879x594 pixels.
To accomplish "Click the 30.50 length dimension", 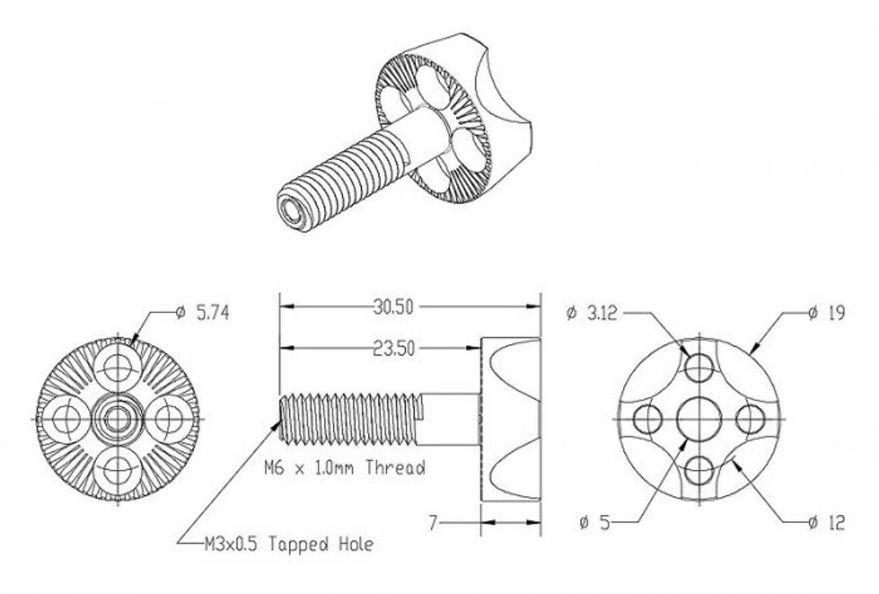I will pyautogui.click(x=393, y=307).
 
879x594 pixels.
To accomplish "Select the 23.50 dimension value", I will pyautogui.click(x=393, y=349).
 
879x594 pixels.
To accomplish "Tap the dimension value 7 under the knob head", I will pyautogui.click(x=433, y=523).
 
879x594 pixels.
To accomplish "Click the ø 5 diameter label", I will pyautogui.click(x=595, y=523).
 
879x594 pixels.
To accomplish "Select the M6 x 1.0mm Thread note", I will pyautogui.click(x=345, y=468).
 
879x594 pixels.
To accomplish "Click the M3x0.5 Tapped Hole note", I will pyautogui.click(x=289, y=545).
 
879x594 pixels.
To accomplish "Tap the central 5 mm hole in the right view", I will pyautogui.click(x=699, y=418).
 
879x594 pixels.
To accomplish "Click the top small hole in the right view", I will pyautogui.click(x=699, y=368).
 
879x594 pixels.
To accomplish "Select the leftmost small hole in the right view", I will pyautogui.click(x=647, y=419).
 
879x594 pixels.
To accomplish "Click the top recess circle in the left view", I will pyautogui.click(x=117, y=367).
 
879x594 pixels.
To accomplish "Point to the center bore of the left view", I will pyautogui.click(x=117, y=418).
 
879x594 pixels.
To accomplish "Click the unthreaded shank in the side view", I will pyautogui.click(x=450, y=418).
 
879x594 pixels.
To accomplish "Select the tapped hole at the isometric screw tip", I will pyautogui.click(x=292, y=212).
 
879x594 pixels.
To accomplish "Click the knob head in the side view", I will pyautogui.click(x=510, y=418).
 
